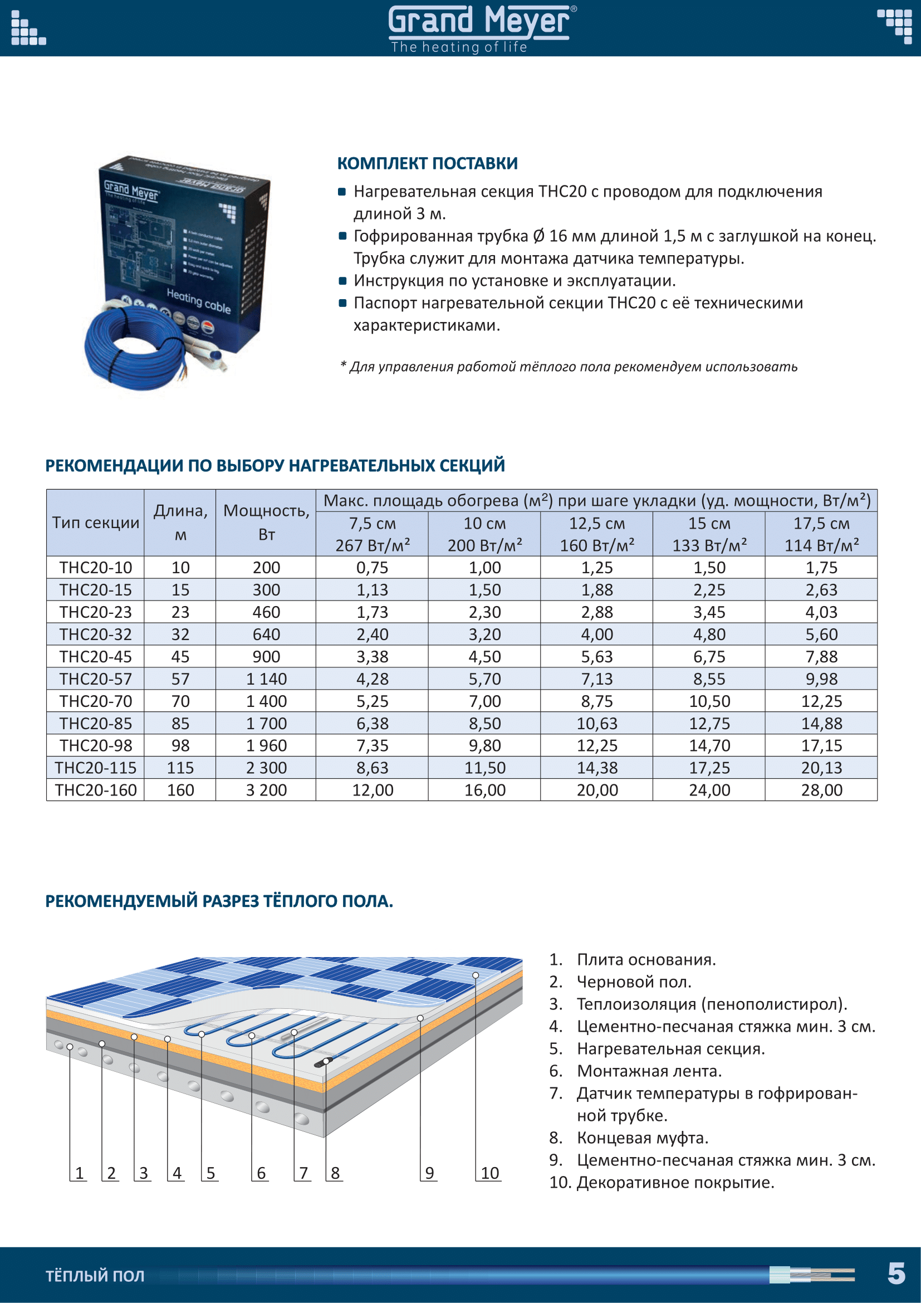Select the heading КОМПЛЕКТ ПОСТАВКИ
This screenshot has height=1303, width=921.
(427, 163)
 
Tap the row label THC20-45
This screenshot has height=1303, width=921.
(95, 657)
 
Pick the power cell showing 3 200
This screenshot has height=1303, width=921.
(266, 790)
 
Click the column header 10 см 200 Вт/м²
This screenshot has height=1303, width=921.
(484, 534)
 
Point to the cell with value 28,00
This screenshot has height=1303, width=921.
(821, 790)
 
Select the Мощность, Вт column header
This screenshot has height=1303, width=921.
(266, 522)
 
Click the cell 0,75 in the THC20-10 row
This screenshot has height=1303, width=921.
(372, 568)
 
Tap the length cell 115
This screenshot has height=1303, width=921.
(180, 768)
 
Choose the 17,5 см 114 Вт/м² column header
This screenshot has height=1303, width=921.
(821, 534)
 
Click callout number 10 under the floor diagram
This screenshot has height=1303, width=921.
(489, 1173)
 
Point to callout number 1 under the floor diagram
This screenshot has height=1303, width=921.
(80, 1173)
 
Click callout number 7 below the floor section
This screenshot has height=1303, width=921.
(303, 1173)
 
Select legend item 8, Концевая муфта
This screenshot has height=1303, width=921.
(642, 1138)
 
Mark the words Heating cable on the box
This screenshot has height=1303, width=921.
(198, 300)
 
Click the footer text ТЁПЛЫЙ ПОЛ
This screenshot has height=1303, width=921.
(95, 1276)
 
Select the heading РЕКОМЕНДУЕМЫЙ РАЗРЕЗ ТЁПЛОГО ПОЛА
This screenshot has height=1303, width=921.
(219, 901)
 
